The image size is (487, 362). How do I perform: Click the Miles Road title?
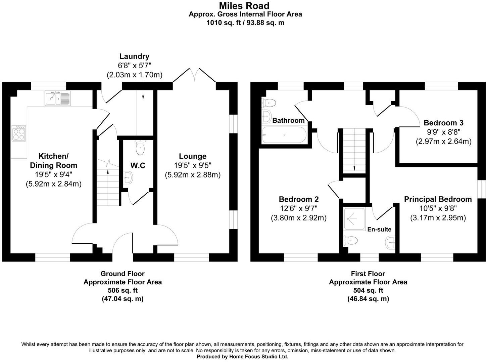[244, 6]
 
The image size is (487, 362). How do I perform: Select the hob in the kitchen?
[19, 133]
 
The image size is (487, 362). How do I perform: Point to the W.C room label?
[138, 165]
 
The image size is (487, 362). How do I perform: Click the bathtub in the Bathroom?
[284, 135]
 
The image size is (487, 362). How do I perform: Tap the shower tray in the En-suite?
[354, 219]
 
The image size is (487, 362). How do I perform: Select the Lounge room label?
[192, 156]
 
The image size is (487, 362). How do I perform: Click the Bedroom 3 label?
[443, 123]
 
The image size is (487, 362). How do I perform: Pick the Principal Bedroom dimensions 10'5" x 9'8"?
[438, 208]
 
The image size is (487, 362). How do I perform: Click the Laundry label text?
[134, 56]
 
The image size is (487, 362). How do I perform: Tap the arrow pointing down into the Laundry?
[143, 97]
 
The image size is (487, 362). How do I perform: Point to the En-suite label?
[379, 229]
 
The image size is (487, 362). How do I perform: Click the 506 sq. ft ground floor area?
[123, 290]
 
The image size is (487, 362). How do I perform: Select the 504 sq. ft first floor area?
[368, 290]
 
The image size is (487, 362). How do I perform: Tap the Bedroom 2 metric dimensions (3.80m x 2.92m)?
[298, 218]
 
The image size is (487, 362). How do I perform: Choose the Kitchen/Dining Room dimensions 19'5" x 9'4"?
[53, 174]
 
